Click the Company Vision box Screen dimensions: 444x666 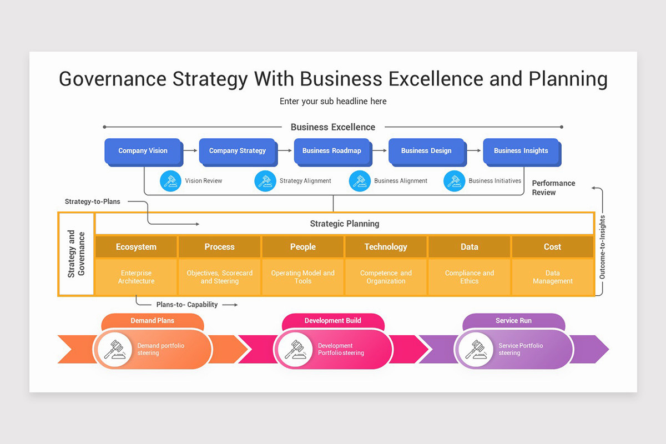(x=143, y=151)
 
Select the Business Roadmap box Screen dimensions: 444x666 (x=331, y=151)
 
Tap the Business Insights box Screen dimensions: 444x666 (x=521, y=151)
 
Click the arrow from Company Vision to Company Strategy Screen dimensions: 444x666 (x=190, y=150)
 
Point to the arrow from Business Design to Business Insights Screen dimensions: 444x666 (x=474, y=150)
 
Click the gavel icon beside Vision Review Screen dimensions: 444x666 (x=170, y=181)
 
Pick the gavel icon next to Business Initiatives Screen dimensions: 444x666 (x=455, y=181)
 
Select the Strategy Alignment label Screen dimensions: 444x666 (x=305, y=181)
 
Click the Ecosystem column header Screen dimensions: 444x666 (x=136, y=247)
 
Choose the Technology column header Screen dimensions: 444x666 (x=386, y=247)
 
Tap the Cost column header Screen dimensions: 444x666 (x=552, y=247)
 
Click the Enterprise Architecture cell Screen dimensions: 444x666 (x=136, y=277)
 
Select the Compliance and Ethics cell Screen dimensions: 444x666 (x=469, y=277)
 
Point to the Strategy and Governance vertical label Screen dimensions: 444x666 (x=77, y=254)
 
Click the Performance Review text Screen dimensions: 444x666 (x=553, y=188)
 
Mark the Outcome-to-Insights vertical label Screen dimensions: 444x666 (x=602, y=247)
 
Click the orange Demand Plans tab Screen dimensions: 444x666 (x=153, y=321)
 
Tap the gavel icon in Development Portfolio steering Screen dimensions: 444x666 (x=295, y=349)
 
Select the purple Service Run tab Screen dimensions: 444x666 (x=513, y=321)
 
